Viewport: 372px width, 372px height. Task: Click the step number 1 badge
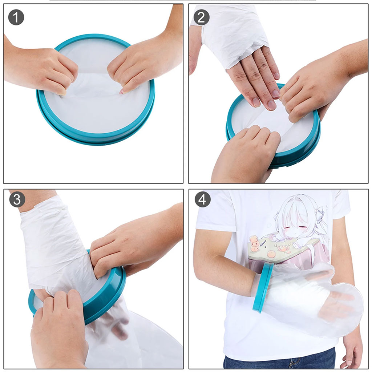(16, 17)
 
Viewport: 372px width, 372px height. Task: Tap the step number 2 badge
(201, 17)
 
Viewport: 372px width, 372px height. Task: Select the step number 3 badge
(17, 199)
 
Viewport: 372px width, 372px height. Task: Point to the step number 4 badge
(202, 199)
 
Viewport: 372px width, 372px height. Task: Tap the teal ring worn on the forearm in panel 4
(263, 288)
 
